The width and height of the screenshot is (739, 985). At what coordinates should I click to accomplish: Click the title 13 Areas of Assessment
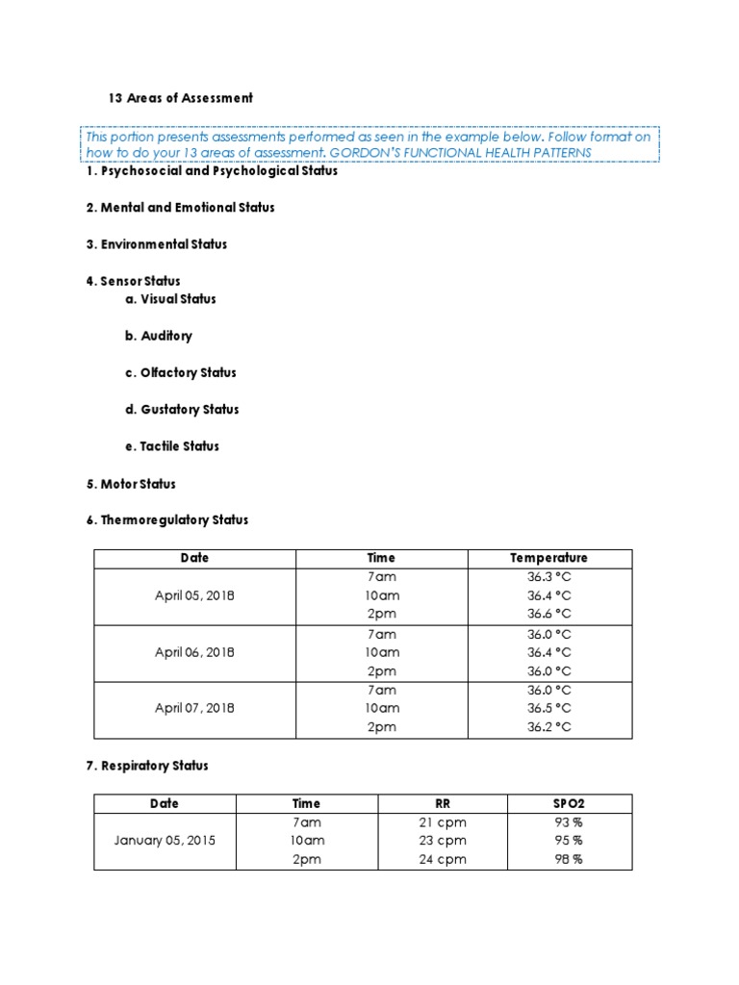[181, 98]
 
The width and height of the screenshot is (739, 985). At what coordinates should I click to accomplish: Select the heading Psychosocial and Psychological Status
[212, 171]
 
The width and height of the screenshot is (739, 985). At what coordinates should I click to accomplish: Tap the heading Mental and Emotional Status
[180, 208]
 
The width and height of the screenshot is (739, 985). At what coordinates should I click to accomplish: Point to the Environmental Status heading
[157, 244]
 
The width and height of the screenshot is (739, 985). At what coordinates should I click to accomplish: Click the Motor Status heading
[131, 484]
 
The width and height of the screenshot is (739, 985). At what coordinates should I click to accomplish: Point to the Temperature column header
[548, 558]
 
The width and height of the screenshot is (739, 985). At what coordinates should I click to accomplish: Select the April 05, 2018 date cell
[194, 595]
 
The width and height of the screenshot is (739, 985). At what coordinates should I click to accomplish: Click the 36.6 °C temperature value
[548, 614]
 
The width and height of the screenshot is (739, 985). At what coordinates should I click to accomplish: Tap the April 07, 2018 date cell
[194, 708]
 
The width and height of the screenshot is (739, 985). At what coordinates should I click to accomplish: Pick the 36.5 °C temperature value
[548, 708]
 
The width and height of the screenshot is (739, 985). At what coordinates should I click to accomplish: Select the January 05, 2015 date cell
[165, 841]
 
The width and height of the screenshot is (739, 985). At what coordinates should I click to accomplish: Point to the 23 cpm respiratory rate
[442, 841]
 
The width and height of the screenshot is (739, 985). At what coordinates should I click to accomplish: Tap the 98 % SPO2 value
[569, 859]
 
